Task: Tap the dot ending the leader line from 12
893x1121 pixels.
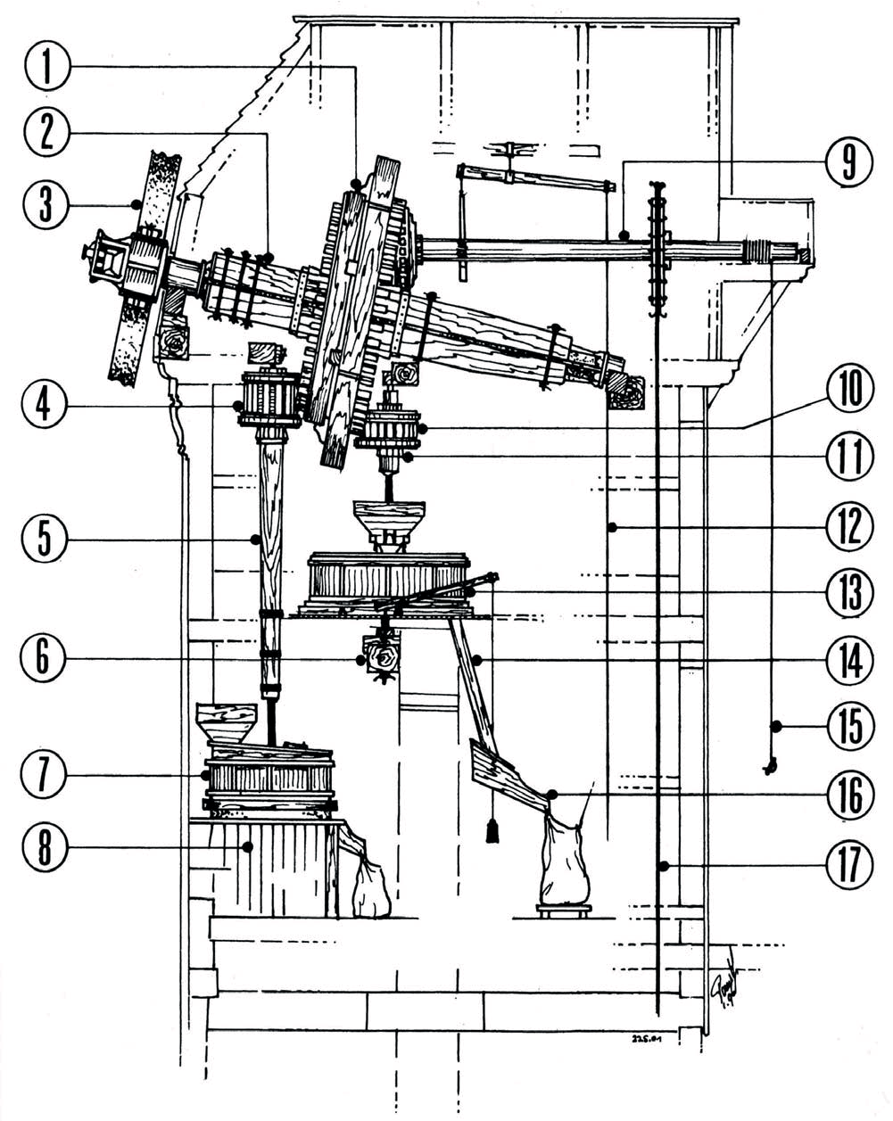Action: point(613,528)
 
